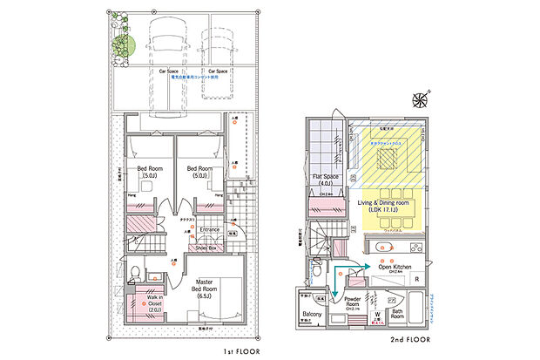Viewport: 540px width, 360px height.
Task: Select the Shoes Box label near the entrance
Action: (206, 247)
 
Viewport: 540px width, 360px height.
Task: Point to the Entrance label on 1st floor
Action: (210, 230)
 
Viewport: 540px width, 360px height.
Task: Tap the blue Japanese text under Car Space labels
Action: (193, 78)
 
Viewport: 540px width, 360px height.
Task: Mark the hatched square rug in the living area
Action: (388, 159)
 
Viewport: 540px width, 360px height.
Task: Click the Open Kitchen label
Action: (396, 267)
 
